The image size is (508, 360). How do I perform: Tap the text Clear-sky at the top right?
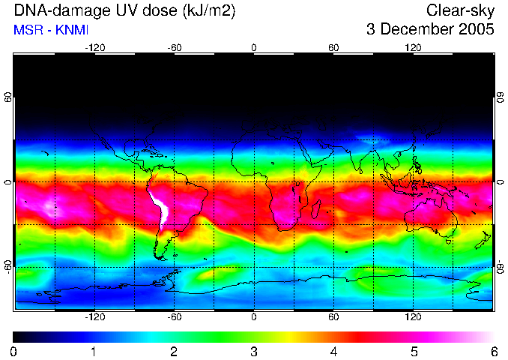pyautogui.click(x=461, y=10)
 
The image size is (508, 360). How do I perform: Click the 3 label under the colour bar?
pyautogui.click(x=254, y=351)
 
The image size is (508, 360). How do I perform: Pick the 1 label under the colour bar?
pyautogui.click(x=94, y=351)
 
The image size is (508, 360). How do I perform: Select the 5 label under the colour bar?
pyautogui.click(x=414, y=351)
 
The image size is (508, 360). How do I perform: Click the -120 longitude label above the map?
pyautogui.click(x=94, y=47)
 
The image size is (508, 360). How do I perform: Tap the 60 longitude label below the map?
pyautogui.click(x=333, y=317)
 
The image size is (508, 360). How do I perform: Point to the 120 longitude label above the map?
pyautogui.click(x=413, y=47)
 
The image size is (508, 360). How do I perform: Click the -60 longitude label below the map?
pyautogui.click(x=175, y=317)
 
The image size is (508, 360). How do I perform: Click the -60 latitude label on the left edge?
pyautogui.click(x=8, y=266)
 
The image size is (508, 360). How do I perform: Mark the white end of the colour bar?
pyautogui.click(x=490, y=337)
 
